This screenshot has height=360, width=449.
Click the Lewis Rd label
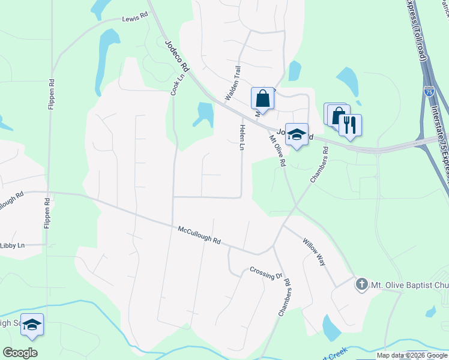click(134, 19)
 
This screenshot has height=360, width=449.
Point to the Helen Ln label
click(243, 137)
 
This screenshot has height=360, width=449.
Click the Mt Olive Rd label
click(277, 149)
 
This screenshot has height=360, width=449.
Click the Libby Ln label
click(12, 245)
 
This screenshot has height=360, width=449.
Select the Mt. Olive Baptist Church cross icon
click(361, 283)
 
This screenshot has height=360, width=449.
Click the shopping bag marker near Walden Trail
click(262, 98)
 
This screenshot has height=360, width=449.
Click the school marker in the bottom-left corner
click(32, 324)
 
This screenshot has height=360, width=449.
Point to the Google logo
click(20, 352)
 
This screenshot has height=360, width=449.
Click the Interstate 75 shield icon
click(429, 91)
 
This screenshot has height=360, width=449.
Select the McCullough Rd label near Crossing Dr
click(199, 235)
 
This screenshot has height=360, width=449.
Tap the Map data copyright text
click(412, 355)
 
